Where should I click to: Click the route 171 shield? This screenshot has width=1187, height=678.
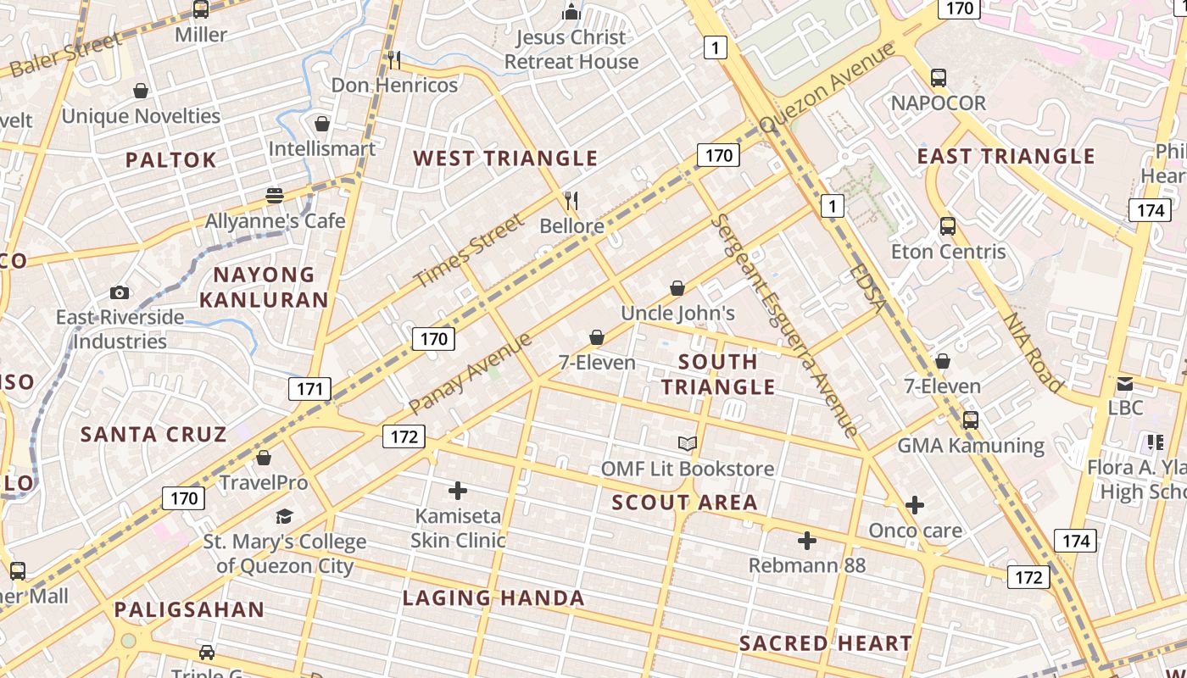tap(309, 389)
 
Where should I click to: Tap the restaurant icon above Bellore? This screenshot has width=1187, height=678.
tap(571, 201)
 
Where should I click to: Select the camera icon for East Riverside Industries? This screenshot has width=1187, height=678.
tap(120, 292)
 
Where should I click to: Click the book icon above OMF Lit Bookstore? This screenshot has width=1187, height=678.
tap(687, 443)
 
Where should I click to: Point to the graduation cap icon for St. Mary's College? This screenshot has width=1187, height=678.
tap(284, 516)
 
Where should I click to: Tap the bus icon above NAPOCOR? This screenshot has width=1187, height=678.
tap(939, 78)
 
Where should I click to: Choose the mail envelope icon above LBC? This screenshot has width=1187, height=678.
tap(1125, 383)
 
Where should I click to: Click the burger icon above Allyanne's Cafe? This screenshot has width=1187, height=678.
tap(275, 196)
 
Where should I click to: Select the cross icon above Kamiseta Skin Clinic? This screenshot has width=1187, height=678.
tap(458, 490)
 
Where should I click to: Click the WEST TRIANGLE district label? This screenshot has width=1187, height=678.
tap(505, 158)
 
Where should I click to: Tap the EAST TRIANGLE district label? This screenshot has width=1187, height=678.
tap(1006, 156)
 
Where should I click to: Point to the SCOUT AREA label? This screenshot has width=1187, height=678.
tap(684, 502)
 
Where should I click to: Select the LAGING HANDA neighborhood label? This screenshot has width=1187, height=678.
tap(493, 598)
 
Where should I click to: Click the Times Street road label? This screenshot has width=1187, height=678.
tap(470, 251)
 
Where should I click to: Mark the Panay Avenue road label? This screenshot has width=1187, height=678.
tap(470, 374)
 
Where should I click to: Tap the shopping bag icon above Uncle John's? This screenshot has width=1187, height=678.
tap(677, 288)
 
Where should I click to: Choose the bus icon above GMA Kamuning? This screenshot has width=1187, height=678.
tap(971, 420)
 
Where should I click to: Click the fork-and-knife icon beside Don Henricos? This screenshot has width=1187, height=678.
tap(393, 59)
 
